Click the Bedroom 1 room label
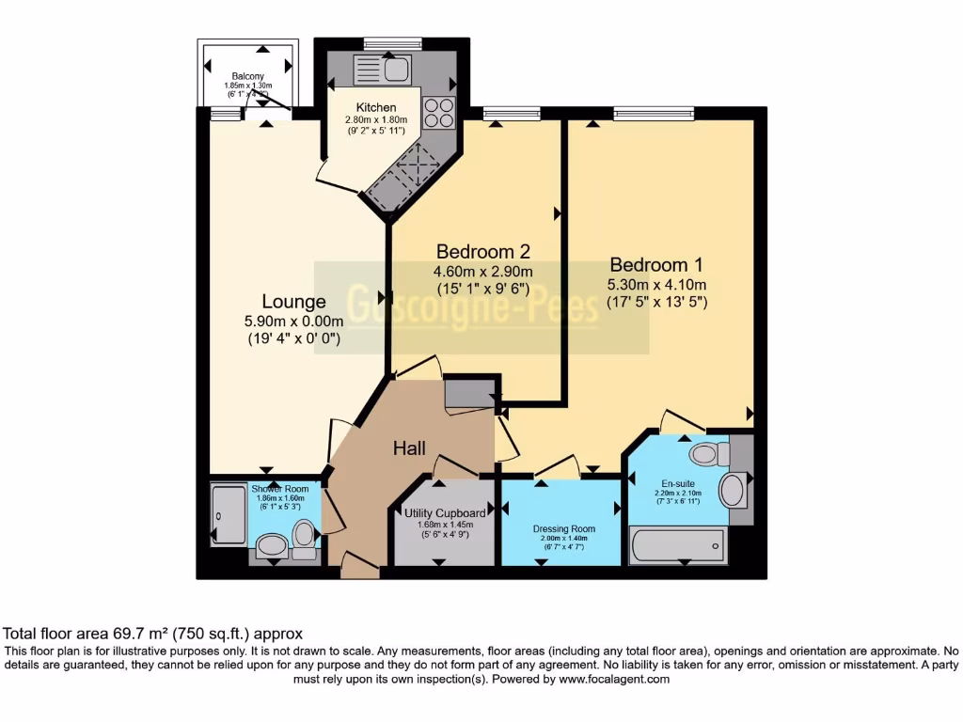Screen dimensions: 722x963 (x=655, y=264)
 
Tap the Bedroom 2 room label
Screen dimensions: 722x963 (x=483, y=251)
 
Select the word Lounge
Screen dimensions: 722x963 (x=293, y=302)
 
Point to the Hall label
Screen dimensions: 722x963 (x=410, y=448)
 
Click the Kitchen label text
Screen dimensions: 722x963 (x=375, y=107)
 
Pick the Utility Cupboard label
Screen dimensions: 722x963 (x=445, y=512)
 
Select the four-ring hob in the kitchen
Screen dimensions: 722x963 (x=438, y=113)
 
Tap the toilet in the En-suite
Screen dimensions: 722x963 (x=708, y=455)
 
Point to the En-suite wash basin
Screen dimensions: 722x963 (x=734, y=490)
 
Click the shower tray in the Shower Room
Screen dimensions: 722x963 (x=229, y=514)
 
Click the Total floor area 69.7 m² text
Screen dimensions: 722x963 (x=153, y=634)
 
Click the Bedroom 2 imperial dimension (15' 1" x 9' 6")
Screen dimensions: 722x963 (x=483, y=289)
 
